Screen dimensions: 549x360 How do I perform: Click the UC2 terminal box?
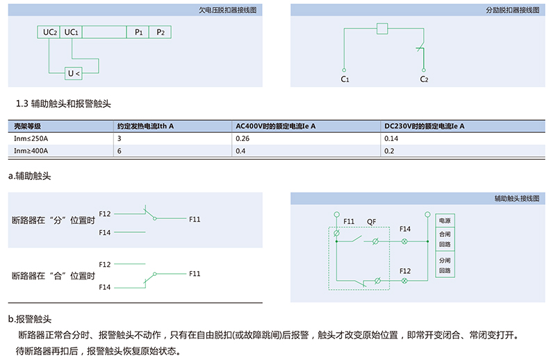click(x=49, y=32)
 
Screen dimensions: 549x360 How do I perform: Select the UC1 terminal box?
click(x=71, y=32)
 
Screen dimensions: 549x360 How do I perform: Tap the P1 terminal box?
click(x=138, y=32)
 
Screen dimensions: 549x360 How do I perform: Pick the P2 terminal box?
click(x=160, y=32)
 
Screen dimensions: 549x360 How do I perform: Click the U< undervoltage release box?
click(x=74, y=74)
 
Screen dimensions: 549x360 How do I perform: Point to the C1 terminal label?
click(x=345, y=79)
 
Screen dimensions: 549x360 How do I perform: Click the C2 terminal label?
click(x=424, y=79)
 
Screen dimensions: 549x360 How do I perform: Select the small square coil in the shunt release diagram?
click(x=382, y=28)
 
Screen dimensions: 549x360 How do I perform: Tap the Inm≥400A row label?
click(x=31, y=151)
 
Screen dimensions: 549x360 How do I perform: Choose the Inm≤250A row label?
click(x=31, y=139)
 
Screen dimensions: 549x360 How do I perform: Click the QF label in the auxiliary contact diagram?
click(x=372, y=222)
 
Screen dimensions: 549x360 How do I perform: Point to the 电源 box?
click(x=445, y=220)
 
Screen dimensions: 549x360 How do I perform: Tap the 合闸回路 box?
click(x=445, y=239)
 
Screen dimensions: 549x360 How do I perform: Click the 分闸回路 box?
click(x=445, y=265)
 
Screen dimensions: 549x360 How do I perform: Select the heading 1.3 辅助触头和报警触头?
click(x=63, y=104)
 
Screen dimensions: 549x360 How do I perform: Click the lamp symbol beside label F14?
click(x=404, y=241)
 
